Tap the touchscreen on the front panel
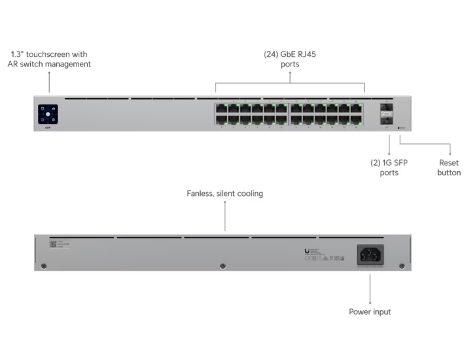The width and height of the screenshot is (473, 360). pyautogui.click(x=48, y=113)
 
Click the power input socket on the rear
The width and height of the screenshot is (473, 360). pyautogui.click(x=370, y=255)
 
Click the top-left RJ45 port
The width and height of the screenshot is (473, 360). pyautogui.click(x=221, y=108)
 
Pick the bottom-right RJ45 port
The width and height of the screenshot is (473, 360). pyautogui.click(x=356, y=119)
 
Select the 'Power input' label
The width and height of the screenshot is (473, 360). pyautogui.click(x=370, y=311)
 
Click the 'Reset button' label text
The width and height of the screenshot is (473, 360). pyautogui.click(x=449, y=168)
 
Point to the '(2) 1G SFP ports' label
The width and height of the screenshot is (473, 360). pyautogui.click(x=389, y=168)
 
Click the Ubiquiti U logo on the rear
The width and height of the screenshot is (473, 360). pyautogui.click(x=307, y=251)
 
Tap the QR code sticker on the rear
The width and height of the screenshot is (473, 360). pyautogui.click(x=53, y=244)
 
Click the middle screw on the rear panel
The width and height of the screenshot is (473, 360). pyautogui.click(x=223, y=265)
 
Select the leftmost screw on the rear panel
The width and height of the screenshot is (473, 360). pyautogui.click(x=43, y=266)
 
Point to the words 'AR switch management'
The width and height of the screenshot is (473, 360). pyautogui.click(x=49, y=64)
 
